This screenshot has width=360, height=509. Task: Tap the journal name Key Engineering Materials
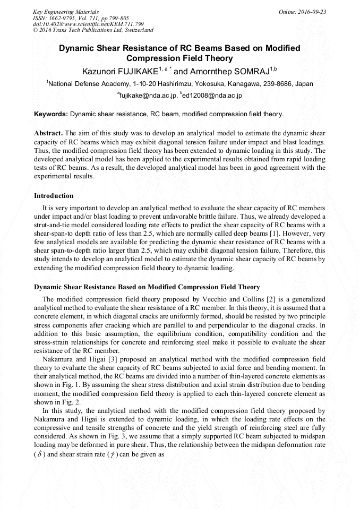(66, 12)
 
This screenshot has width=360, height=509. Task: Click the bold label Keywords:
(51, 114)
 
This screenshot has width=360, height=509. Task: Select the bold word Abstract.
(48, 133)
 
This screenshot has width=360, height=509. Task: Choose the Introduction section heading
(54, 196)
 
